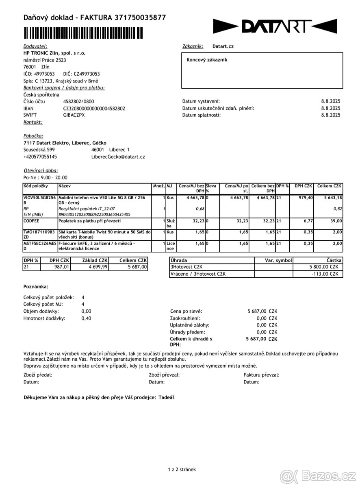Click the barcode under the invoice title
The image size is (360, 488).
(x=83, y=33)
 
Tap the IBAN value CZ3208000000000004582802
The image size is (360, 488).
(x=94, y=109)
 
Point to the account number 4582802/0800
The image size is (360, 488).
(x=78, y=102)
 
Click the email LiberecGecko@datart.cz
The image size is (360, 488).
(x=118, y=157)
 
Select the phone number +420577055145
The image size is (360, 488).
(x=40, y=157)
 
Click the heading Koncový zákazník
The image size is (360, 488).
(x=207, y=60)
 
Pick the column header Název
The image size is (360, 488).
(x=65, y=186)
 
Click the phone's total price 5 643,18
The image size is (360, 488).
(x=330, y=198)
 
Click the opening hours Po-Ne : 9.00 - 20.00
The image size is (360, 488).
(x=46, y=178)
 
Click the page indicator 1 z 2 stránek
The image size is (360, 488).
(x=182, y=469)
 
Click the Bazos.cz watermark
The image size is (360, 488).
(x=319, y=475)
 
